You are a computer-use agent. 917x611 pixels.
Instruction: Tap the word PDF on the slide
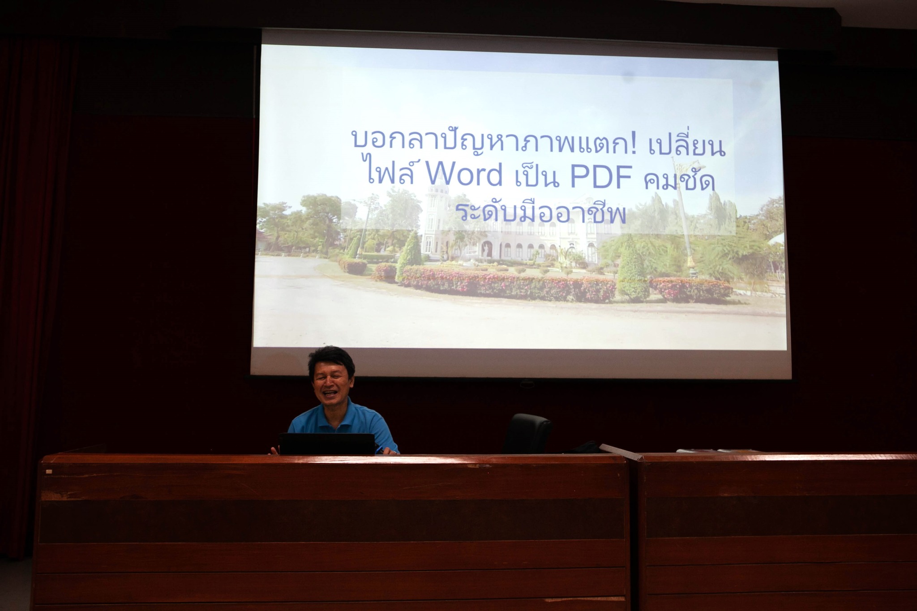pos(598,176)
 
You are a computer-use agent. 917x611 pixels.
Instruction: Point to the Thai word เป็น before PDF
pos(536,175)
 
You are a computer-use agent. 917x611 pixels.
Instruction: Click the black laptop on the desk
pos(327,444)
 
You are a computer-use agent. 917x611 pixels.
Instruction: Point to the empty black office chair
pos(527,433)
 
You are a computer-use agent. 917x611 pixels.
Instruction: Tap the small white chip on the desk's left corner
pos(48,471)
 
